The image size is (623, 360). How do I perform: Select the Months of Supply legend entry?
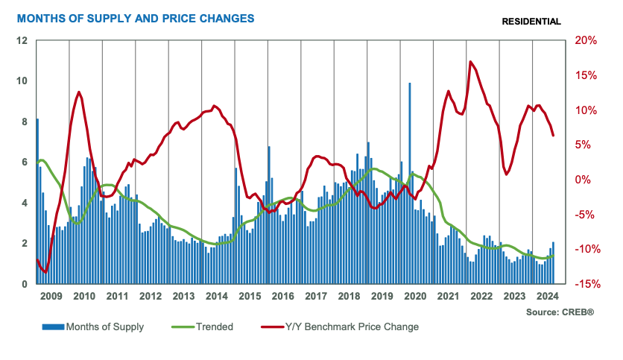(93, 326)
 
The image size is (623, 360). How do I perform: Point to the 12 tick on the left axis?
(23, 40)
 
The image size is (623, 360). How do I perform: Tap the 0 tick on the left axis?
(25, 284)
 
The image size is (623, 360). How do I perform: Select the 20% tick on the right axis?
(584, 40)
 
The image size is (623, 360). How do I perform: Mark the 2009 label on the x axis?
(51, 296)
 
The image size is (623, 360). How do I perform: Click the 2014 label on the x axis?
(217, 296)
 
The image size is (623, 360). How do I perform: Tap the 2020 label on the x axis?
(415, 296)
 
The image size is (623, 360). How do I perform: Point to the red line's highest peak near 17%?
(470, 62)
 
